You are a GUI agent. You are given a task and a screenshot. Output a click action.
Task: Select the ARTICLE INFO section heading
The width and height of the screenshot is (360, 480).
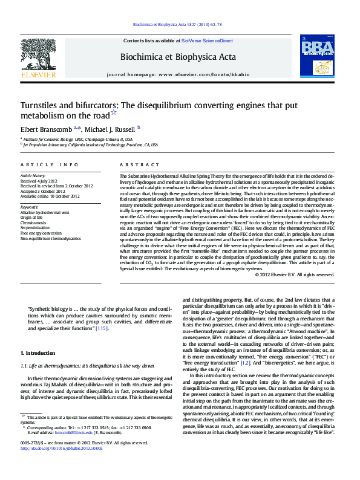(x=49, y=165)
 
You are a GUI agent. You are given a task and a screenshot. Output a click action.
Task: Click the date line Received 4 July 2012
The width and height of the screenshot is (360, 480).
(x=41, y=181)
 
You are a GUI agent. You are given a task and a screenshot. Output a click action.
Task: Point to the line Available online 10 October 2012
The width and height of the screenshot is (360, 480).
(x=50, y=196)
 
